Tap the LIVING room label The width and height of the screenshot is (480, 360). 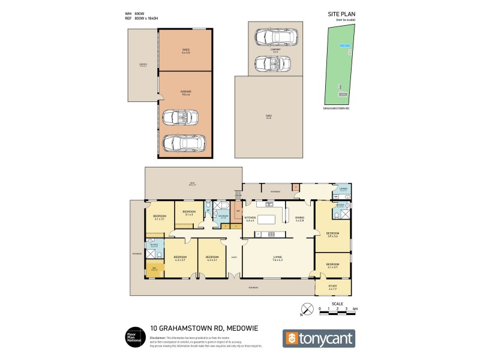pos(277,258)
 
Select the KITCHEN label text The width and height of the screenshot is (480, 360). pos(250,218)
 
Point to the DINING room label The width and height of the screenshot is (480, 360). pos(300,218)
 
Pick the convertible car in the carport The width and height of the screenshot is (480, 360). pos(272,62)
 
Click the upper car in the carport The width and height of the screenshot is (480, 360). pos(272,37)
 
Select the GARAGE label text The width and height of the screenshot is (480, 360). pos(185,92)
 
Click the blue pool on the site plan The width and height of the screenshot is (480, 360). pos(343,45)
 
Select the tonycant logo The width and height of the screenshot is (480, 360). pos(319,338)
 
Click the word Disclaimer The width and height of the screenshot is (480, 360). pos(158,338)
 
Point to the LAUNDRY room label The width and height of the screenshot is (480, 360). pos(343,189)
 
